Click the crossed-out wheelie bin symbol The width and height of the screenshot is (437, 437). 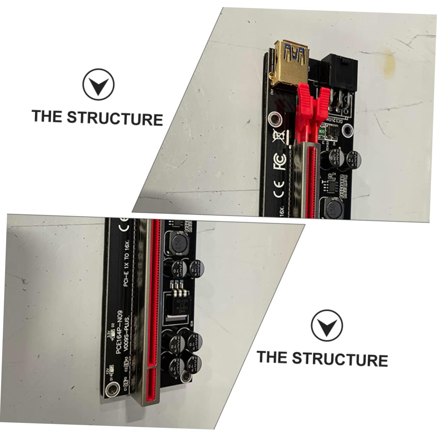pyautogui.click(x=279, y=135)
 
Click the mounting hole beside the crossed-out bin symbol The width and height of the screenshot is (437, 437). pyautogui.click(x=274, y=120)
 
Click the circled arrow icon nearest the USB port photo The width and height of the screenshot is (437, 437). pyautogui.click(x=98, y=84)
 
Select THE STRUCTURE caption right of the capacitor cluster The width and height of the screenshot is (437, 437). pyautogui.click(x=322, y=358)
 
